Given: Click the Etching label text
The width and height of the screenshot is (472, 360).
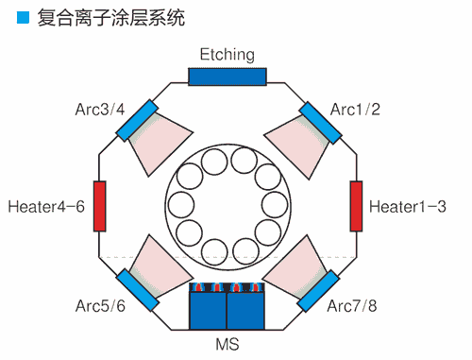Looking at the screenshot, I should (228, 55).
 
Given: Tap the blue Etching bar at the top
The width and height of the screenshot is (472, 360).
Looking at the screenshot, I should (228, 77).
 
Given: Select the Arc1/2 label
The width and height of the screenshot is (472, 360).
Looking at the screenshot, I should (355, 110).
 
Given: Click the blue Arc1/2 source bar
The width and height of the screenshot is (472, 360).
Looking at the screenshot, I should (320, 122).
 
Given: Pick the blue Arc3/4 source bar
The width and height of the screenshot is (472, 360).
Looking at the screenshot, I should (138, 119).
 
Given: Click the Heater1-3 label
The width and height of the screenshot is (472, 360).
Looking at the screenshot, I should (408, 205).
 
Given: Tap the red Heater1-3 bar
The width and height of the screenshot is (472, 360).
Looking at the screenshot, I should (357, 205).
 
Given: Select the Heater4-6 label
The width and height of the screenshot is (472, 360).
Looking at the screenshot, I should (45, 205).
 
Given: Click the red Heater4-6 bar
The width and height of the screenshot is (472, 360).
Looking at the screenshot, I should (99, 205).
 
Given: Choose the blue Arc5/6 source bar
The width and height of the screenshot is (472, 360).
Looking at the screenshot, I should (136, 289).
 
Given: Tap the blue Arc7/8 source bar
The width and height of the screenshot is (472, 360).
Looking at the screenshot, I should (319, 289).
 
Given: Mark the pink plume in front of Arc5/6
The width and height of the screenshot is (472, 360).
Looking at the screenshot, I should (156, 264).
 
